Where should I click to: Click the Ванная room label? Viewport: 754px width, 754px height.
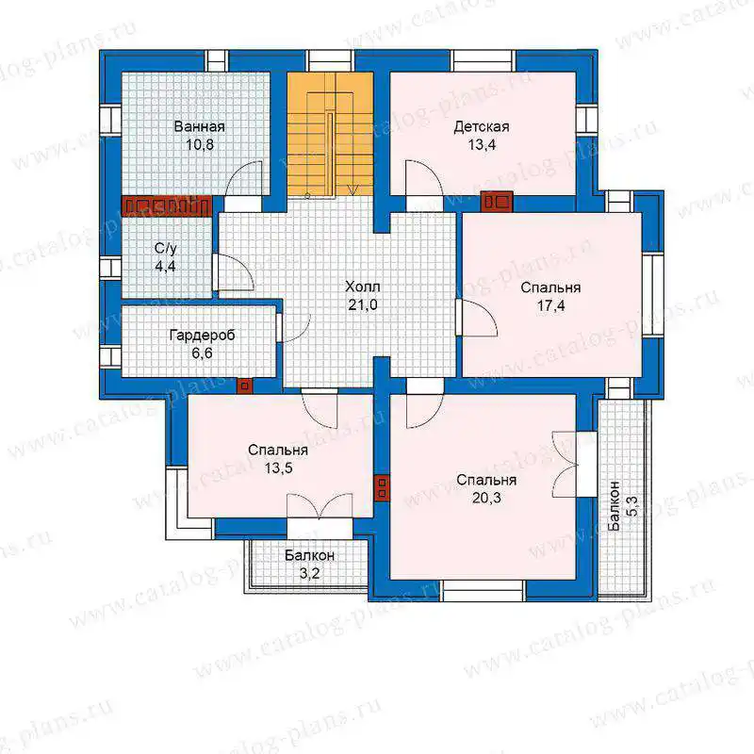click(x=199, y=127)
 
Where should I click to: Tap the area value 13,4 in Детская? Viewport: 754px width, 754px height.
click(x=482, y=145)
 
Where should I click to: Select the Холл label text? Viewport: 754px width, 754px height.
click(x=363, y=287)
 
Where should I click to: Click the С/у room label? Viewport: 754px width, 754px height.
click(x=166, y=249)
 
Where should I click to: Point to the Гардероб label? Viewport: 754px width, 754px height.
click(x=202, y=336)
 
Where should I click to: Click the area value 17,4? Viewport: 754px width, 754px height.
click(x=550, y=305)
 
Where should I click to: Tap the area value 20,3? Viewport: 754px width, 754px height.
click(x=486, y=498)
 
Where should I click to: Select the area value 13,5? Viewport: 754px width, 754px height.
click(x=278, y=467)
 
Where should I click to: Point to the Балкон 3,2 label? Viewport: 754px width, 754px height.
click(x=309, y=564)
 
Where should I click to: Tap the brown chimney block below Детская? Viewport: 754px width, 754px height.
click(x=497, y=202)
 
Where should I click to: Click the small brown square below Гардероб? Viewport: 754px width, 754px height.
click(x=244, y=385)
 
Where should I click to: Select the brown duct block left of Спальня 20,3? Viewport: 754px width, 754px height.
click(x=383, y=488)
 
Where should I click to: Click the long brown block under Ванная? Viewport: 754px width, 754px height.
click(x=167, y=206)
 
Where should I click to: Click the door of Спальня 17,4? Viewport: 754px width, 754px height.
click(x=477, y=318)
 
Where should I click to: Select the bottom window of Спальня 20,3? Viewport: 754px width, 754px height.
click(x=483, y=591)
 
